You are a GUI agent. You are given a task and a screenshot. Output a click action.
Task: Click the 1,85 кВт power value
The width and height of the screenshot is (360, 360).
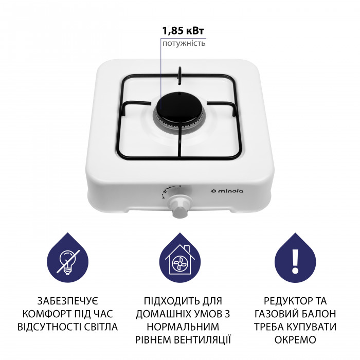[184, 30]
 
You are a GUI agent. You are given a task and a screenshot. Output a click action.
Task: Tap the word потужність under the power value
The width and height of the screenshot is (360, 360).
[184, 43]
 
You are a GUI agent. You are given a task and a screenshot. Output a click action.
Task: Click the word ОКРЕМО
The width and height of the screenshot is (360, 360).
[295, 339]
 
